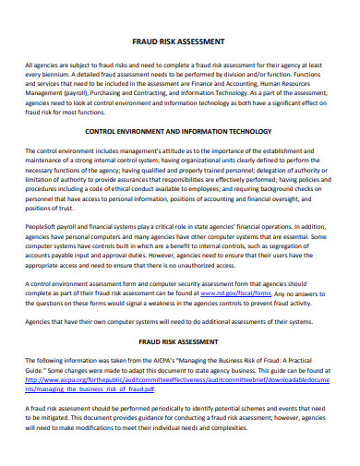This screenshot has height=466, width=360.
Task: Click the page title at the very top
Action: (x=179, y=42)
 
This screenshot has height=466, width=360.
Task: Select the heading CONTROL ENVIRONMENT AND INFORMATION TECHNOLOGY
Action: (x=179, y=132)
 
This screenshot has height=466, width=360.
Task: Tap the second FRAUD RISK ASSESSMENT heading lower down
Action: (x=179, y=342)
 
